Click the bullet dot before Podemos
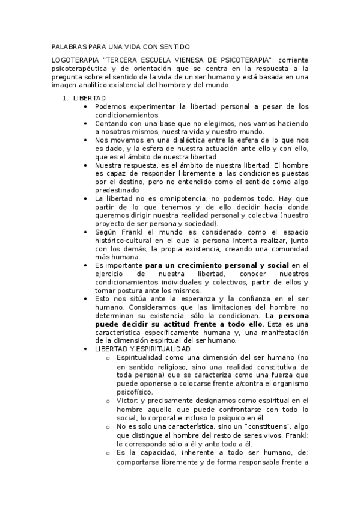[87, 106]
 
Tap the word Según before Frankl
[105, 232]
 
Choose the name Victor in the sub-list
[127, 400]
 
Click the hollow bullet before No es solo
[107, 426]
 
